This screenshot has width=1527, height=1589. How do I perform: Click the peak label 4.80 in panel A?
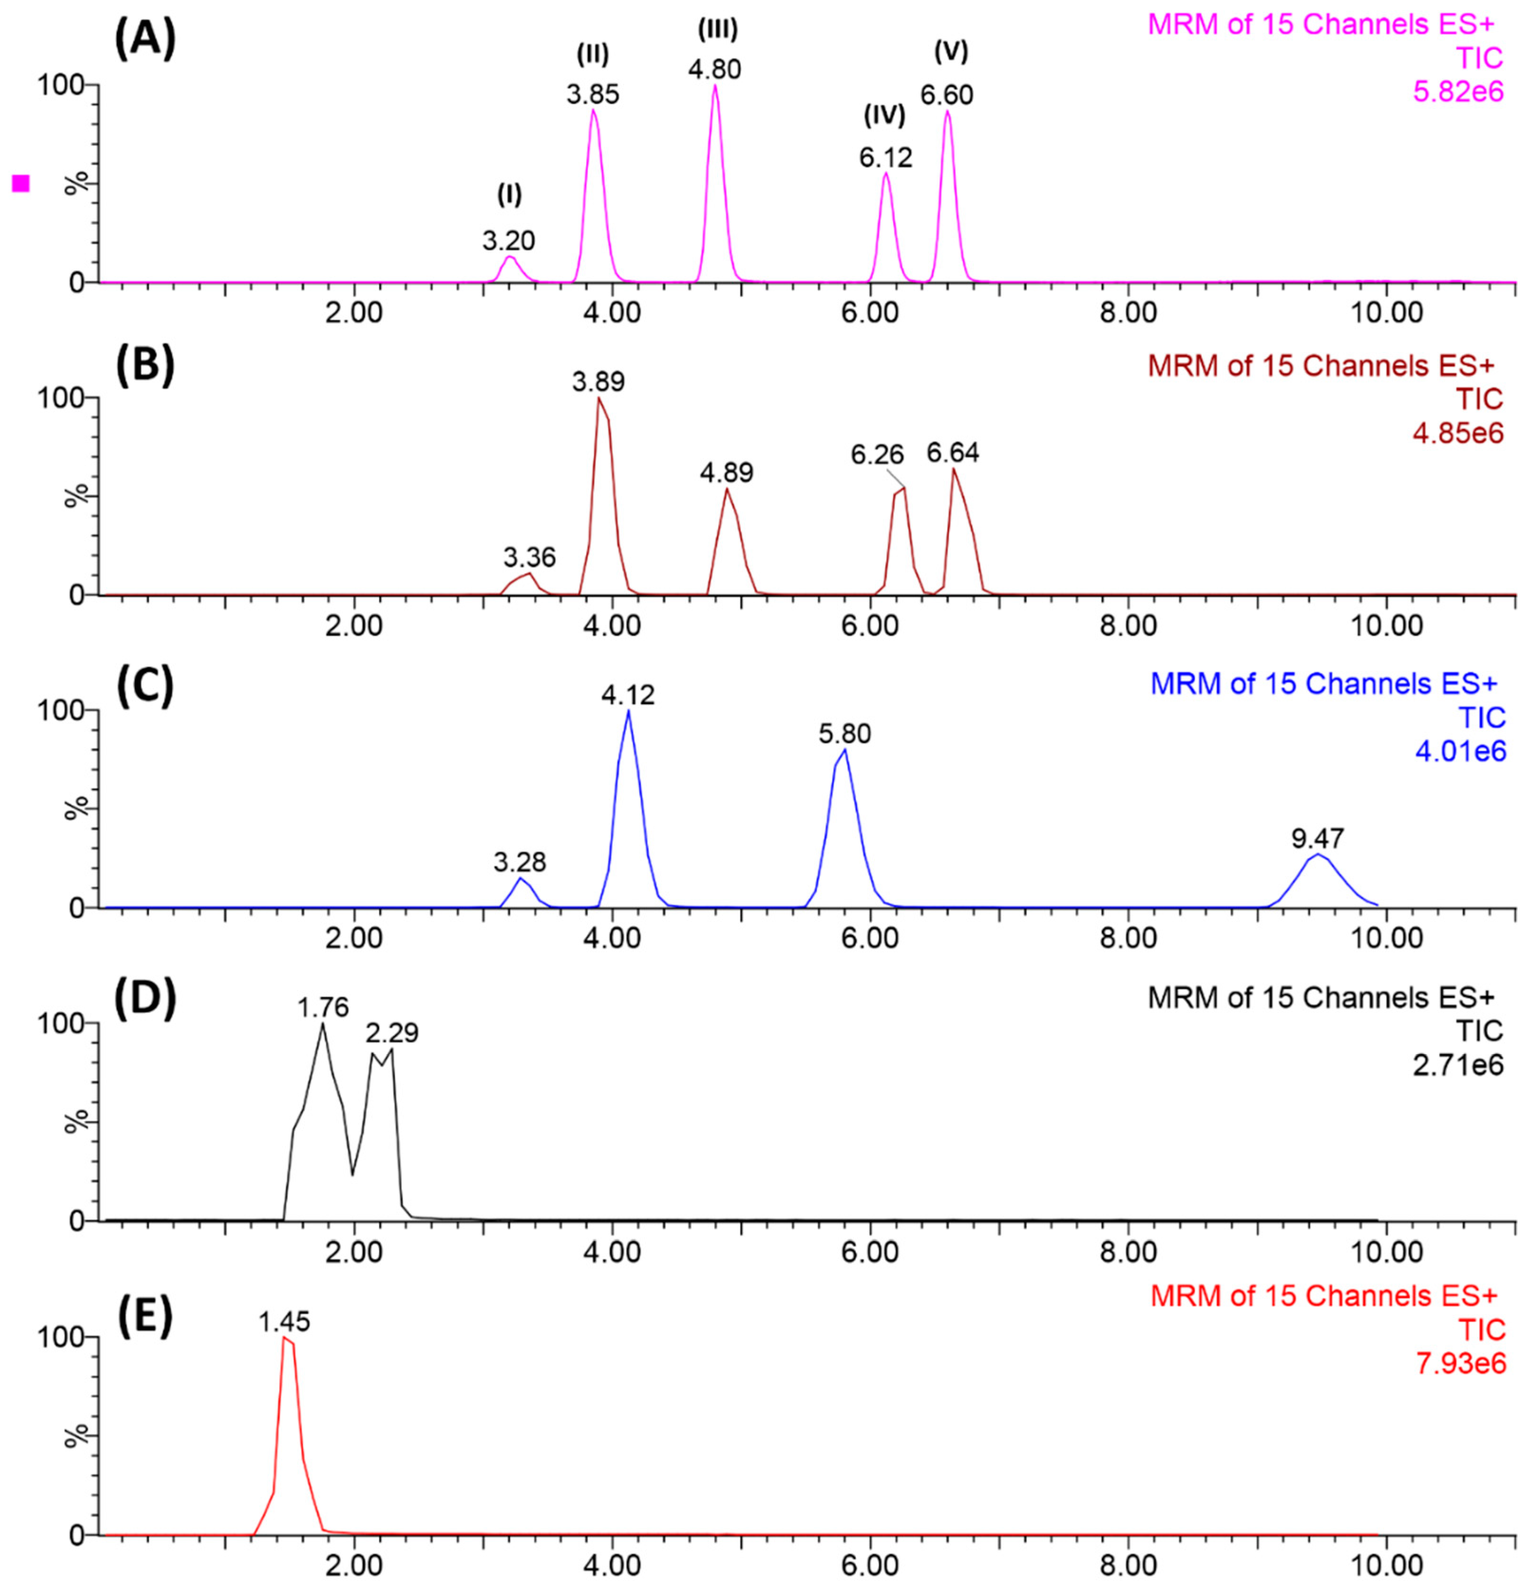pyautogui.click(x=714, y=70)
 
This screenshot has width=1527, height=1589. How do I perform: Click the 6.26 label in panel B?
pyautogui.click(x=877, y=455)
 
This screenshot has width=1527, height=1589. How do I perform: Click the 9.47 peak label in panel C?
pyautogui.click(x=1318, y=837)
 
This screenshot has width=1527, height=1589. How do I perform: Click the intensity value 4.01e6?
pyautogui.click(x=1460, y=752)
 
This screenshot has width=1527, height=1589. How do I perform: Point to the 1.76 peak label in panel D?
pyautogui.click(x=322, y=1008)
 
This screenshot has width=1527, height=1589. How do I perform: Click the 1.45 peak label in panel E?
pyautogui.click(x=285, y=1322)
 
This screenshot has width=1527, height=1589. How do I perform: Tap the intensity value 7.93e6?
pyautogui.click(x=1460, y=1364)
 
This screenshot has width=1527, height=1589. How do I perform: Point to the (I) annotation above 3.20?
pyautogui.click(x=509, y=195)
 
